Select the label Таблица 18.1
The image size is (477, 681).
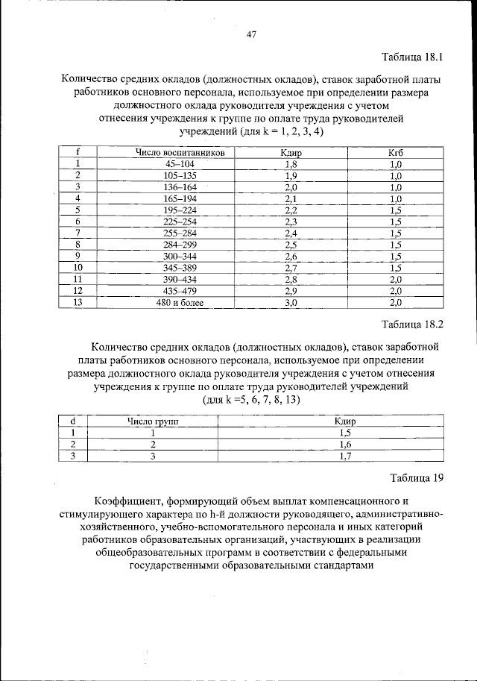414,57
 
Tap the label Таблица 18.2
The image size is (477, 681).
413,324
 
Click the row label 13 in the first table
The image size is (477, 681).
78,303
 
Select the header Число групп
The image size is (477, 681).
153,421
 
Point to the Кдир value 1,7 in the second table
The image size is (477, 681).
344,457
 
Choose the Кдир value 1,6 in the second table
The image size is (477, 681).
344,445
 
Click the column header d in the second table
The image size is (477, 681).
72,421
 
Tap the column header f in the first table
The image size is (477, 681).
78,152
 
